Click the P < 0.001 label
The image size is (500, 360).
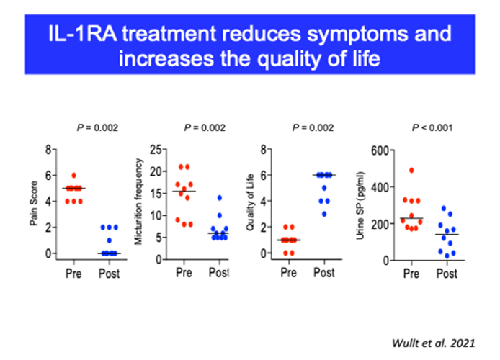(x=430, y=128)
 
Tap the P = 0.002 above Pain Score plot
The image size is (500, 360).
(x=97, y=128)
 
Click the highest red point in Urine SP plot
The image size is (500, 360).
(x=411, y=171)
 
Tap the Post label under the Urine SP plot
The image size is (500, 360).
(x=447, y=274)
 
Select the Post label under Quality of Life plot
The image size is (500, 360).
(x=324, y=274)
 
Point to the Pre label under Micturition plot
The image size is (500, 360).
(x=186, y=274)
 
